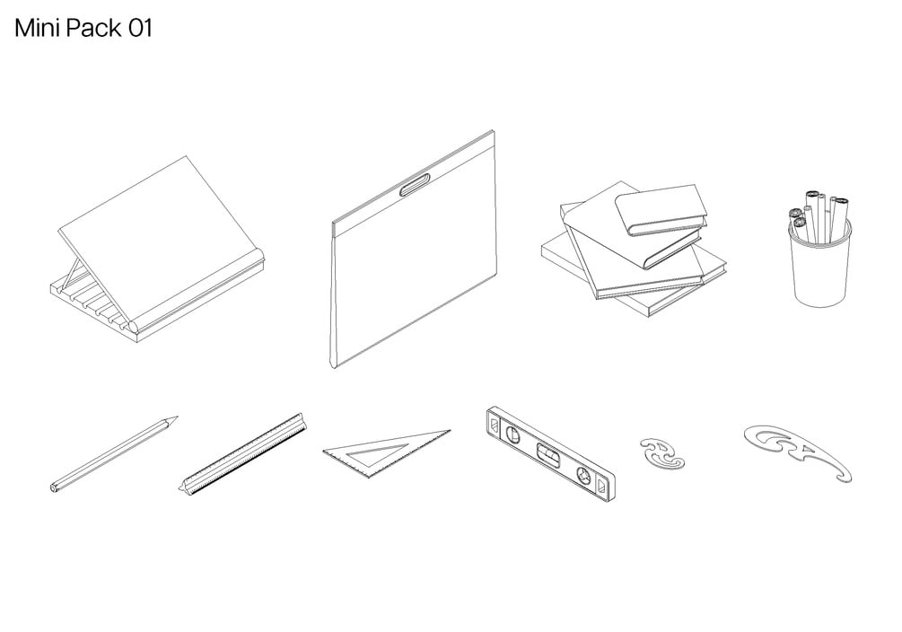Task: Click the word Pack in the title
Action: (x=92, y=29)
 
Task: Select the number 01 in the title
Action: (x=139, y=29)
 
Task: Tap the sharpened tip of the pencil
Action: (x=176, y=417)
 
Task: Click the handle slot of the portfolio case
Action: (x=415, y=187)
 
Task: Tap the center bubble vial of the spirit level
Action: (x=548, y=453)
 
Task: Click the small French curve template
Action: (x=662, y=452)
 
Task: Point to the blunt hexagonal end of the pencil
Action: (x=54, y=487)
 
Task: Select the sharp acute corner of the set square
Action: (x=448, y=431)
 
